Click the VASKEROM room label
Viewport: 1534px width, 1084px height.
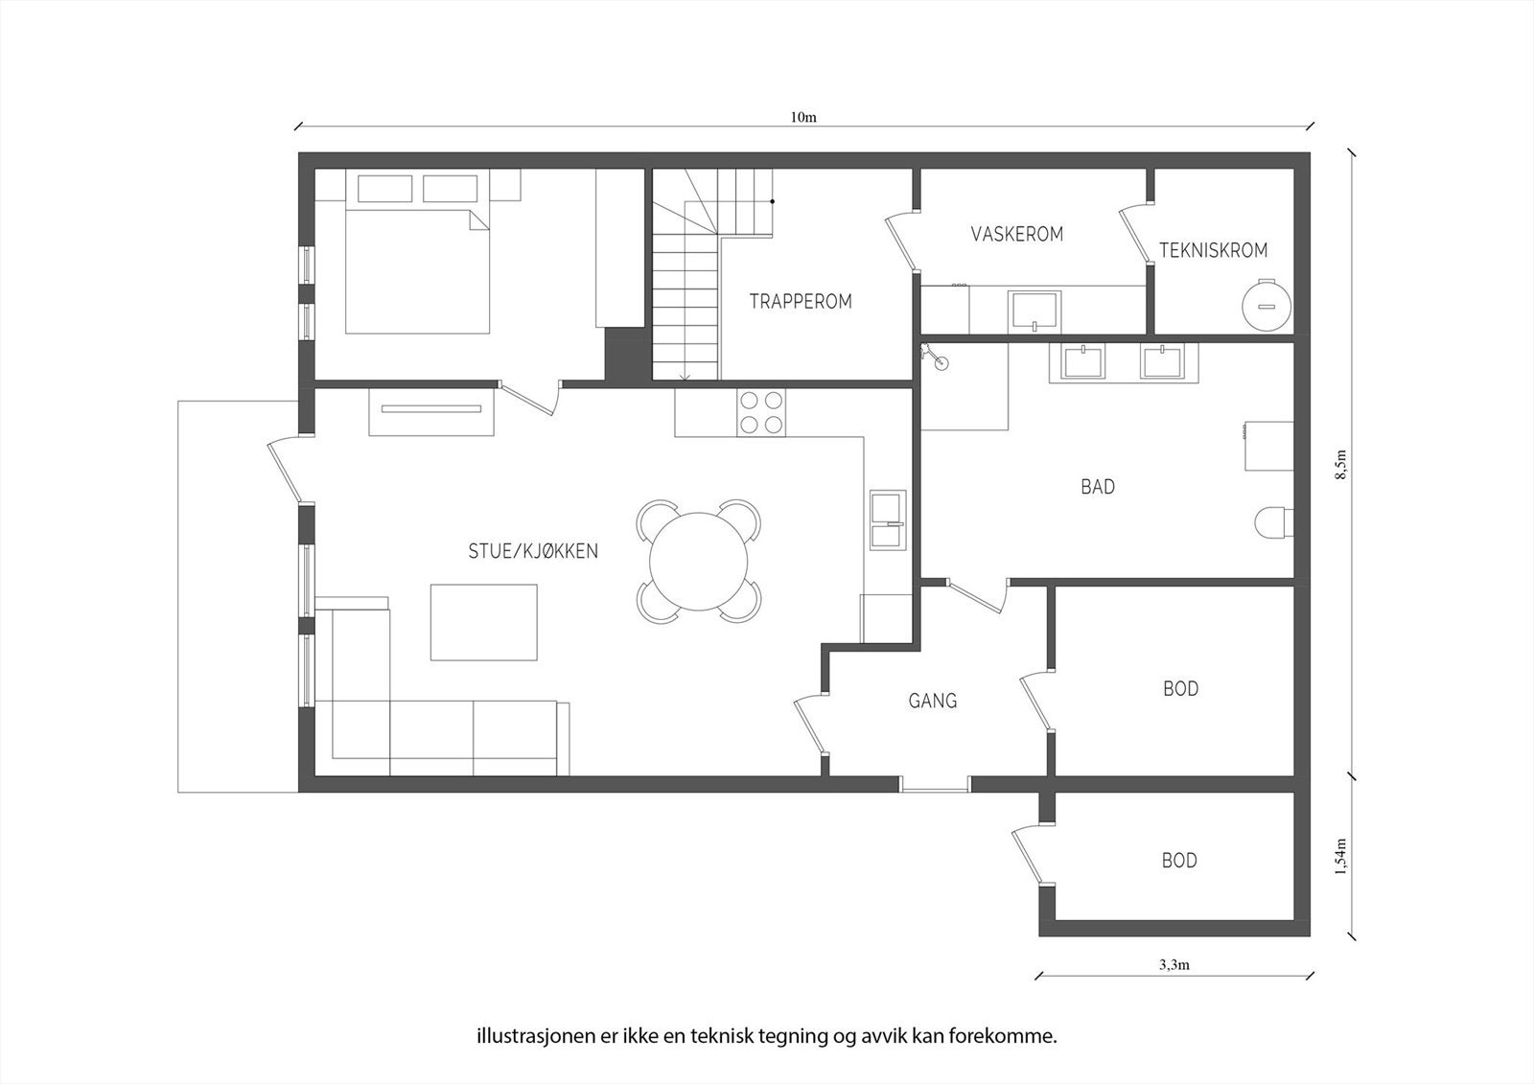(1017, 234)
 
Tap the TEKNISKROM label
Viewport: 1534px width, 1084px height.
(1213, 250)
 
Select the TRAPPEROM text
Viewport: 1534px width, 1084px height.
(801, 301)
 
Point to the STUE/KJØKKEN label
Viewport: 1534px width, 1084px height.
(533, 551)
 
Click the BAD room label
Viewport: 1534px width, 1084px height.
(1098, 487)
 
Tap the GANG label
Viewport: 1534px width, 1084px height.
(932, 701)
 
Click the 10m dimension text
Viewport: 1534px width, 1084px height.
(803, 117)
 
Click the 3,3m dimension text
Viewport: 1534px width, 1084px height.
(1174, 965)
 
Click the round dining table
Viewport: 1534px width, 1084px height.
(699, 562)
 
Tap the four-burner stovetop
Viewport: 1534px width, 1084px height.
(761, 412)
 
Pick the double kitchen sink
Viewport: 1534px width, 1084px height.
(888, 520)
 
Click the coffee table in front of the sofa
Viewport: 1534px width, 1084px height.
(483, 622)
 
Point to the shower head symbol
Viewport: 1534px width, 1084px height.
(934, 357)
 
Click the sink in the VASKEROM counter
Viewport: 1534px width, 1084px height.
(1034, 311)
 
